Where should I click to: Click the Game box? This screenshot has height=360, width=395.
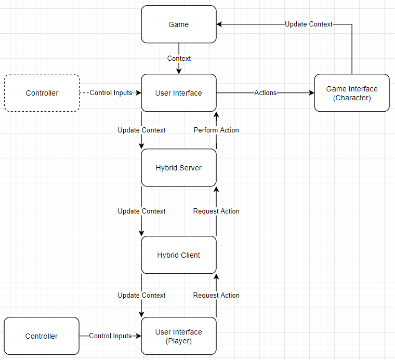[x=179, y=24]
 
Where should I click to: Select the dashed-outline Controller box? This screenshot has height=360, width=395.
[x=42, y=93]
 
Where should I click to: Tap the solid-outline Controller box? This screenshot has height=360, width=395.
[x=42, y=336]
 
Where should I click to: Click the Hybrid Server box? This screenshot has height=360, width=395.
[x=179, y=168]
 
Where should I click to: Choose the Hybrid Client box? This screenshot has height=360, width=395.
[x=179, y=255]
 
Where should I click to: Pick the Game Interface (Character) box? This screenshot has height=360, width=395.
[x=352, y=93]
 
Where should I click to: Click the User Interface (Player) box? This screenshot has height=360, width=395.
[x=179, y=336]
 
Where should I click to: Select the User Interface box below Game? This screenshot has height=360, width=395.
[x=179, y=93]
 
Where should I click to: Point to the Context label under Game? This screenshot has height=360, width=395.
[x=179, y=59]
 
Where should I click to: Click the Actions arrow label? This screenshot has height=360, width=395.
[x=265, y=93]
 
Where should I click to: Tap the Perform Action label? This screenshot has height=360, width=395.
[x=216, y=130]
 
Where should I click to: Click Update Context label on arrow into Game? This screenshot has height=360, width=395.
[x=309, y=24]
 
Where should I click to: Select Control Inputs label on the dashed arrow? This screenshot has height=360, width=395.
[x=111, y=93]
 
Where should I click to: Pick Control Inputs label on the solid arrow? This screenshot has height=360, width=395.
[x=110, y=336]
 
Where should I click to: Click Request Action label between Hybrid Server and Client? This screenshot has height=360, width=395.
[x=216, y=211]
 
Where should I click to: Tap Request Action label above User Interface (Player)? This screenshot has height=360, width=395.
[x=216, y=296]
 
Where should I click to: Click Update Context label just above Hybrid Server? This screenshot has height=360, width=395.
[x=141, y=130]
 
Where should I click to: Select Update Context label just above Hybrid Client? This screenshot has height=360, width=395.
[x=141, y=211]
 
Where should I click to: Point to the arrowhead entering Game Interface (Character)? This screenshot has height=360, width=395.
[x=312, y=93]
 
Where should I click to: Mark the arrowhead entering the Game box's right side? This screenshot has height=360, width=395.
[x=220, y=24]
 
